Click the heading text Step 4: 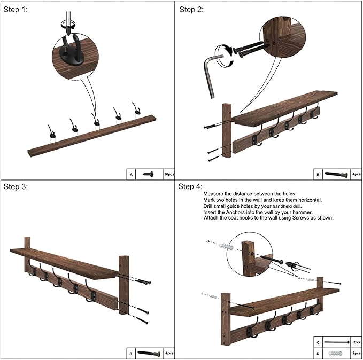click(x=190, y=186)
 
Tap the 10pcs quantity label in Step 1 click(x=169, y=174)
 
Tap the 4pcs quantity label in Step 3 click(x=169, y=353)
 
